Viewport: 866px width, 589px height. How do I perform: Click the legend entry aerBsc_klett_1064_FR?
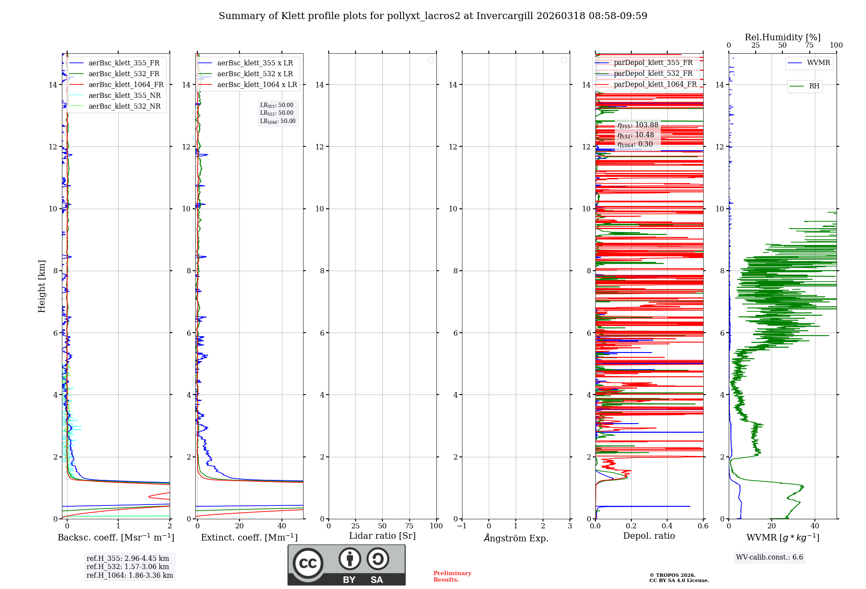(126, 85)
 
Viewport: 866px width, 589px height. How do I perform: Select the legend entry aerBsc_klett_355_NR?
(125, 96)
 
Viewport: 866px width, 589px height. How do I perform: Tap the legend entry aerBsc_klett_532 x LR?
(255, 74)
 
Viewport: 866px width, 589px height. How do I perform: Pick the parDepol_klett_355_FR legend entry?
(653, 63)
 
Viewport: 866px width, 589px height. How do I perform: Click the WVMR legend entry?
(818, 63)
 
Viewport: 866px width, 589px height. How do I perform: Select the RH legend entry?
(814, 86)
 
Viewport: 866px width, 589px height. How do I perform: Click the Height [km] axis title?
(42, 286)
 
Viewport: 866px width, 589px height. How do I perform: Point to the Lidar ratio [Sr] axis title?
(382, 536)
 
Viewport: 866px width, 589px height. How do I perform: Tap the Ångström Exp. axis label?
(516, 538)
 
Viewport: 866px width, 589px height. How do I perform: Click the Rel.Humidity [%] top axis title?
(782, 37)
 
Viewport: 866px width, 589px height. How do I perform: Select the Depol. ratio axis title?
(649, 536)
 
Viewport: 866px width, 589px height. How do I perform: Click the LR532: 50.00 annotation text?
(277, 113)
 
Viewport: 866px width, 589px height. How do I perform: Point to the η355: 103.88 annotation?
(638, 125)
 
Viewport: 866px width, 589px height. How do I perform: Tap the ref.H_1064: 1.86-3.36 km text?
(129, 576)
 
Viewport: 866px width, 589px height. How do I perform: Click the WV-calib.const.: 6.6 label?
(769, 557)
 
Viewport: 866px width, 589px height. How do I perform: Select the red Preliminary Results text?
(452, 576)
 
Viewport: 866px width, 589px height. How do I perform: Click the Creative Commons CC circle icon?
(308, 563)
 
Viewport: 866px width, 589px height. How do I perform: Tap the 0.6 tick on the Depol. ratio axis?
(703, 526)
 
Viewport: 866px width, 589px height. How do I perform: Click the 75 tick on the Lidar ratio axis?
(409, 526)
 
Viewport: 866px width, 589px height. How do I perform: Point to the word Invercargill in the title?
(504, 16)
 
